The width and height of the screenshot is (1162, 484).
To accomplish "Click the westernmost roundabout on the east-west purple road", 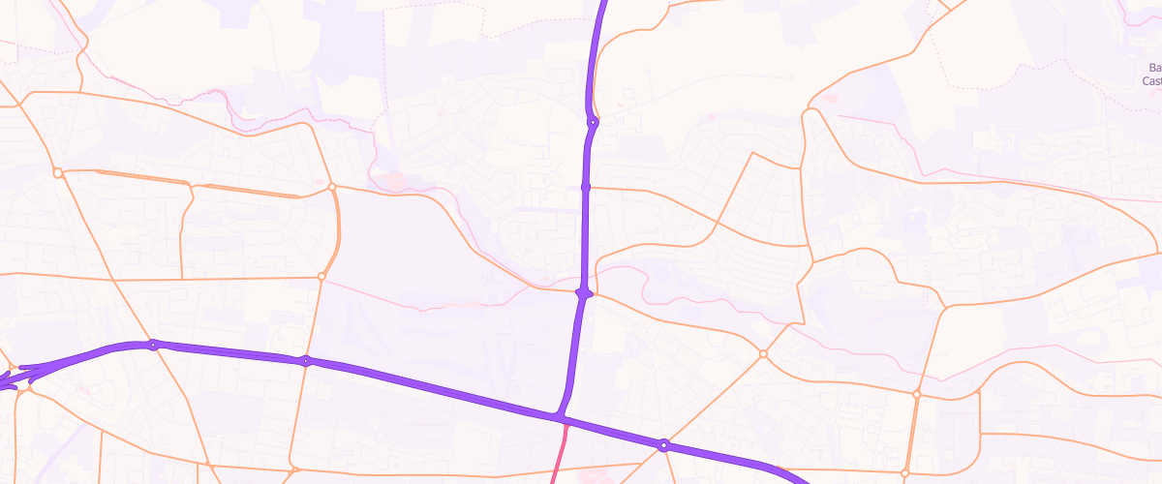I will click(x=153, y=345).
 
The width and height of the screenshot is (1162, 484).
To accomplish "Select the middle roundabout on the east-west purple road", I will click(x=306, y=361).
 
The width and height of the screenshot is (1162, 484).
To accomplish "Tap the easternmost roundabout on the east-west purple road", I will click(x=663, y=445).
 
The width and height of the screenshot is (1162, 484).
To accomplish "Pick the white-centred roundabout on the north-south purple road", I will click(x=593, y=123).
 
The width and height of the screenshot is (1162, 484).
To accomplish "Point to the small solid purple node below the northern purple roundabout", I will click(x=586, y=187).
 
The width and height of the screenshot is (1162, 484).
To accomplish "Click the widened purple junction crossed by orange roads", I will click(x=583, y=292).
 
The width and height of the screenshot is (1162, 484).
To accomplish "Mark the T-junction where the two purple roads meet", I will click(x=560, y=418).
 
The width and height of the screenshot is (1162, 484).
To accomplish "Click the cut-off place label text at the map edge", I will click(x=1151, y=75).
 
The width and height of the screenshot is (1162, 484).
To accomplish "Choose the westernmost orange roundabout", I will click(x=58, y=172).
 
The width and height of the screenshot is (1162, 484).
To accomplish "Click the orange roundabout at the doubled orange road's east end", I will click(x=332, y=186).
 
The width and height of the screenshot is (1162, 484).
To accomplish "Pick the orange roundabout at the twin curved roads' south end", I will click(x=321, y=277).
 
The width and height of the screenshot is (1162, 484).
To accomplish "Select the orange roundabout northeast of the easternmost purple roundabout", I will click(x=763, y=354).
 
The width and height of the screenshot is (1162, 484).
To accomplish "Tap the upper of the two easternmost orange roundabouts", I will click(x=916, y=394).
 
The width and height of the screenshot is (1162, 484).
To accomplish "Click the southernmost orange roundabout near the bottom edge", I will click(x=905, y=473).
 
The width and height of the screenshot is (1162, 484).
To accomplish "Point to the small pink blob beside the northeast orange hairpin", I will click(x=828, y=98).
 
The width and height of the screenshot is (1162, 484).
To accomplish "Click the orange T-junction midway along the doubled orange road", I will click(x=195, y=185).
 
